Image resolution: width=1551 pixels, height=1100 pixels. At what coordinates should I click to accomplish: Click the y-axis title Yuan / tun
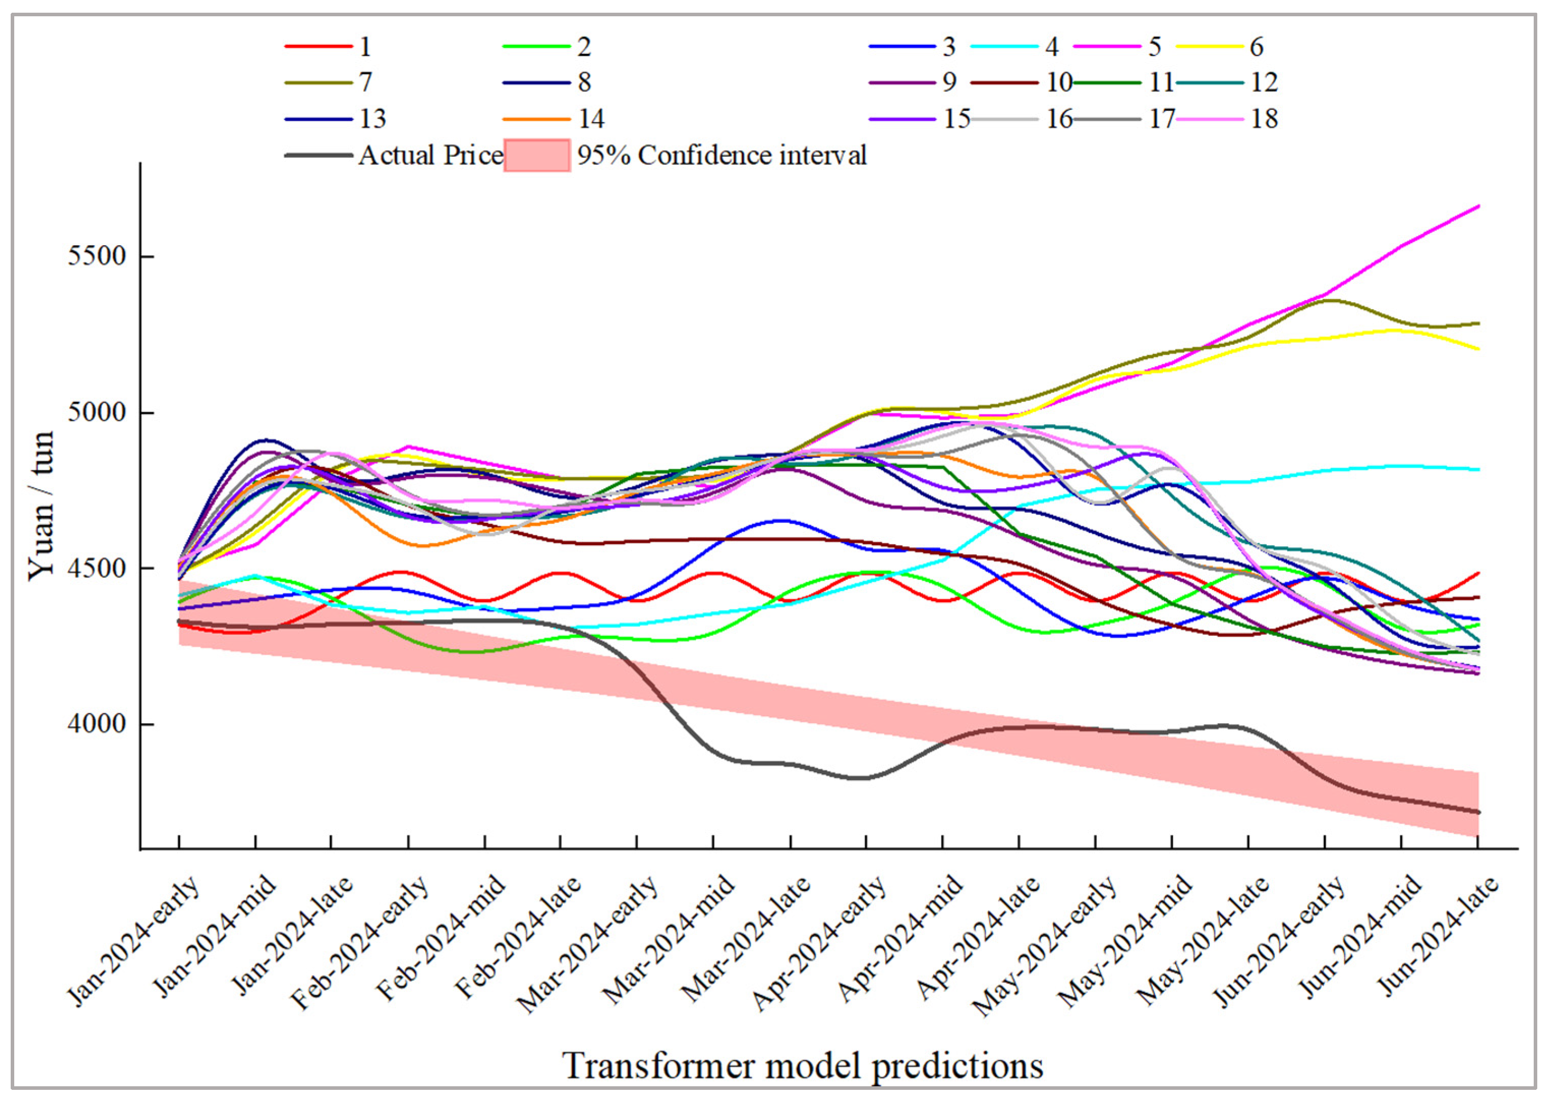[41, 506]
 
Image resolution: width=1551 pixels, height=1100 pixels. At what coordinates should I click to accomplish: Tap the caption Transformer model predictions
[802, 1065]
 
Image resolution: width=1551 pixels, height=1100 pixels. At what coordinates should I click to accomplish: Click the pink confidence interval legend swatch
[537, 155]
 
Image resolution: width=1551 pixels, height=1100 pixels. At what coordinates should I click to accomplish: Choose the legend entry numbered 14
[553, 118]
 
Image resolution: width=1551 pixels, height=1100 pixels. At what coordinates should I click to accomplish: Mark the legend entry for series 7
[329, 82]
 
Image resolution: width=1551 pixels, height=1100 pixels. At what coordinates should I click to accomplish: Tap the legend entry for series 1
[329, 46]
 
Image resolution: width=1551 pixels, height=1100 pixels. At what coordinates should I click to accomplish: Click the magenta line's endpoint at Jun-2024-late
[1477, 205]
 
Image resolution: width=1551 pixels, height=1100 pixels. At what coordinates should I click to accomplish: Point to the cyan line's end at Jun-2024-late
[1477, 469]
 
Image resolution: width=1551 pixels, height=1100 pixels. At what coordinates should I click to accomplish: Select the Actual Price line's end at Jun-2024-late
[1477, 812]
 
